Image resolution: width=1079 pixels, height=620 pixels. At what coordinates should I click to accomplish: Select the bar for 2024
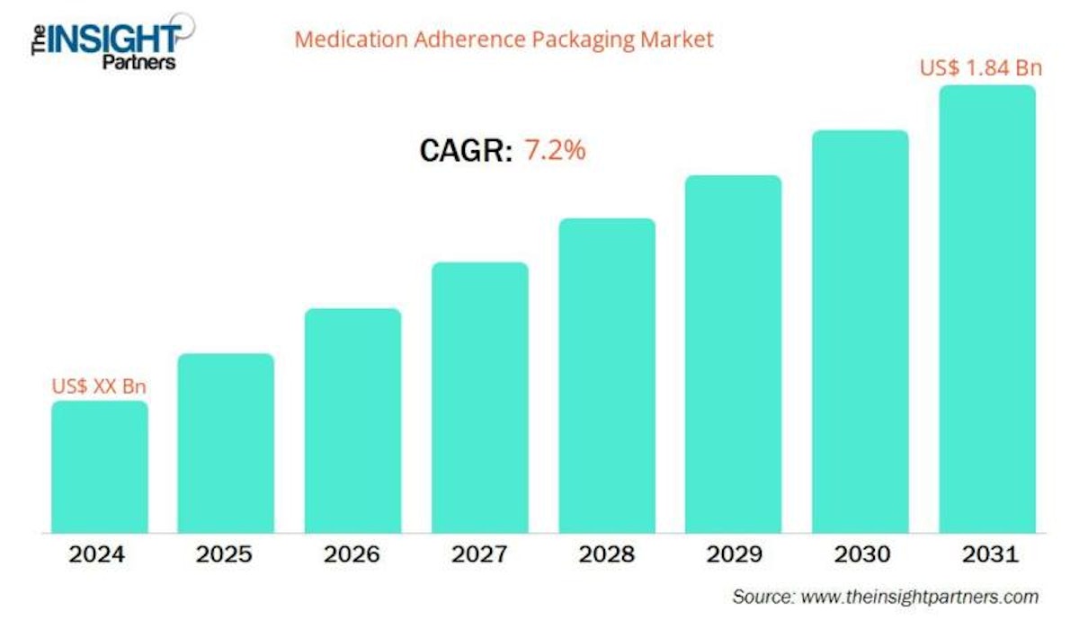(x=99, y=467)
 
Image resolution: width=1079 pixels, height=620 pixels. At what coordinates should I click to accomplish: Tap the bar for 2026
(x=352, y=421)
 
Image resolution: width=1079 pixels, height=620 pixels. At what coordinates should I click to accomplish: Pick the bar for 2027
(x=480, y=397)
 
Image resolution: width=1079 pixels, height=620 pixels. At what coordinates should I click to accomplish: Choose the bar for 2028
(x=607, y=376)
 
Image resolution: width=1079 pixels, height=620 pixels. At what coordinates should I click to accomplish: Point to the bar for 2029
(x=734, y=354)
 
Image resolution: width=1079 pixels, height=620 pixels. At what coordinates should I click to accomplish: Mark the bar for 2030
(x=861, y=332)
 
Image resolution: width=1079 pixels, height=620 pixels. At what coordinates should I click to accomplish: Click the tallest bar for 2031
(x=987, y=309)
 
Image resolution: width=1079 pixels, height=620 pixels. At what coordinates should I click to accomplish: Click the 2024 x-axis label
(x=99, y=554)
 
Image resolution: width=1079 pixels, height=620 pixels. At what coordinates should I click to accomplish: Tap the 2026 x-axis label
(x=352, y=554)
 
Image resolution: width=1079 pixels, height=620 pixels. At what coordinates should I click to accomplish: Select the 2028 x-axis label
(x=607, y=554)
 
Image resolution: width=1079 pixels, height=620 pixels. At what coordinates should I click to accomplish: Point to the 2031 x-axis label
(x=987, y=554)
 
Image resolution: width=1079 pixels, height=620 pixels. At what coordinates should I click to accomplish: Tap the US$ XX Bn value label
(x=99, y=386)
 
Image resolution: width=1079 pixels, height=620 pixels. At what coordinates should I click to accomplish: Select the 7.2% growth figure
(x=555, y=150)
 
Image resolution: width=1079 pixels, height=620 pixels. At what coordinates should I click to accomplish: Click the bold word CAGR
(x=466, y=151)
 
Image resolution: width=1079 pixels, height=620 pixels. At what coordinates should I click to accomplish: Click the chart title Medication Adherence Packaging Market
(x=504, y=40)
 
